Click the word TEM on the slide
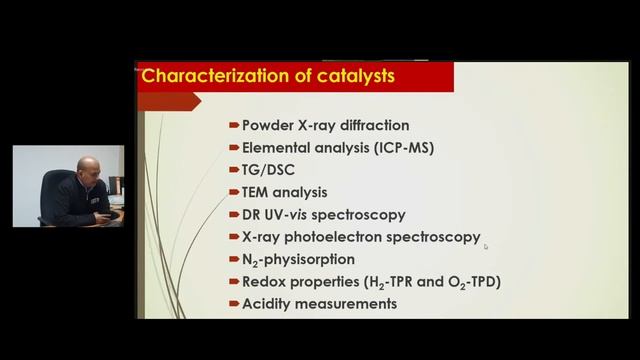pos(258,192)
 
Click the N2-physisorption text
pos(298,260)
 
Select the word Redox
pos(263,282)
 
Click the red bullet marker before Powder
pos(233,126)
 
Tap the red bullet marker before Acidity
pos(233,304)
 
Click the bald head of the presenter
pos(89,164)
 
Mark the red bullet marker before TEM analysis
pos(233,192)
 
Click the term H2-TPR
pos(392,282)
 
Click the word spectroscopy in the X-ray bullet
pos(437,237)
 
